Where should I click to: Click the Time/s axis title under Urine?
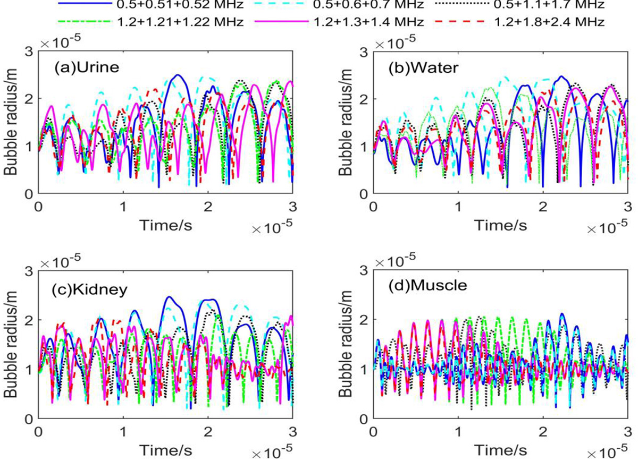coord(166,225)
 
